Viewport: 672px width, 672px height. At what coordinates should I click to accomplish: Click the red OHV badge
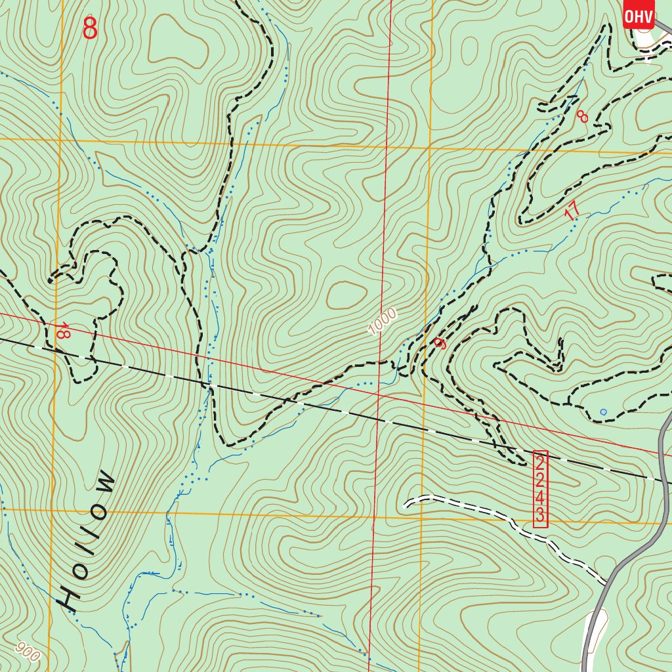pos(639,16)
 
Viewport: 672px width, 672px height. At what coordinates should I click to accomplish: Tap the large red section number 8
pos(90,28)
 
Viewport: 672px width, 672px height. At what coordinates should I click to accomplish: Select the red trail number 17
pos(572,211)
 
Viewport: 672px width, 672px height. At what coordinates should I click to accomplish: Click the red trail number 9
pos(440,343)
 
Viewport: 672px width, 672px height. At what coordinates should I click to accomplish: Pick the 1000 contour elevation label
pos(382,322)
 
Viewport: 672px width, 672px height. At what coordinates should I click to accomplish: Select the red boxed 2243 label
pos(539,488)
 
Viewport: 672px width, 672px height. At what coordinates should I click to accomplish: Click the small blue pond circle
pos(603,412)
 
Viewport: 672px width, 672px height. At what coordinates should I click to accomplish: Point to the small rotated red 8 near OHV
pos(582,116)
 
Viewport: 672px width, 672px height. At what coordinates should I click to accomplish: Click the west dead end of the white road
pos(408,504)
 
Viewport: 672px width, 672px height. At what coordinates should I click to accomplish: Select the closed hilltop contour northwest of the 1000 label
pos(346,295)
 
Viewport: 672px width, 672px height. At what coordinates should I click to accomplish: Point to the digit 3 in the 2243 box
pos(539,515)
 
